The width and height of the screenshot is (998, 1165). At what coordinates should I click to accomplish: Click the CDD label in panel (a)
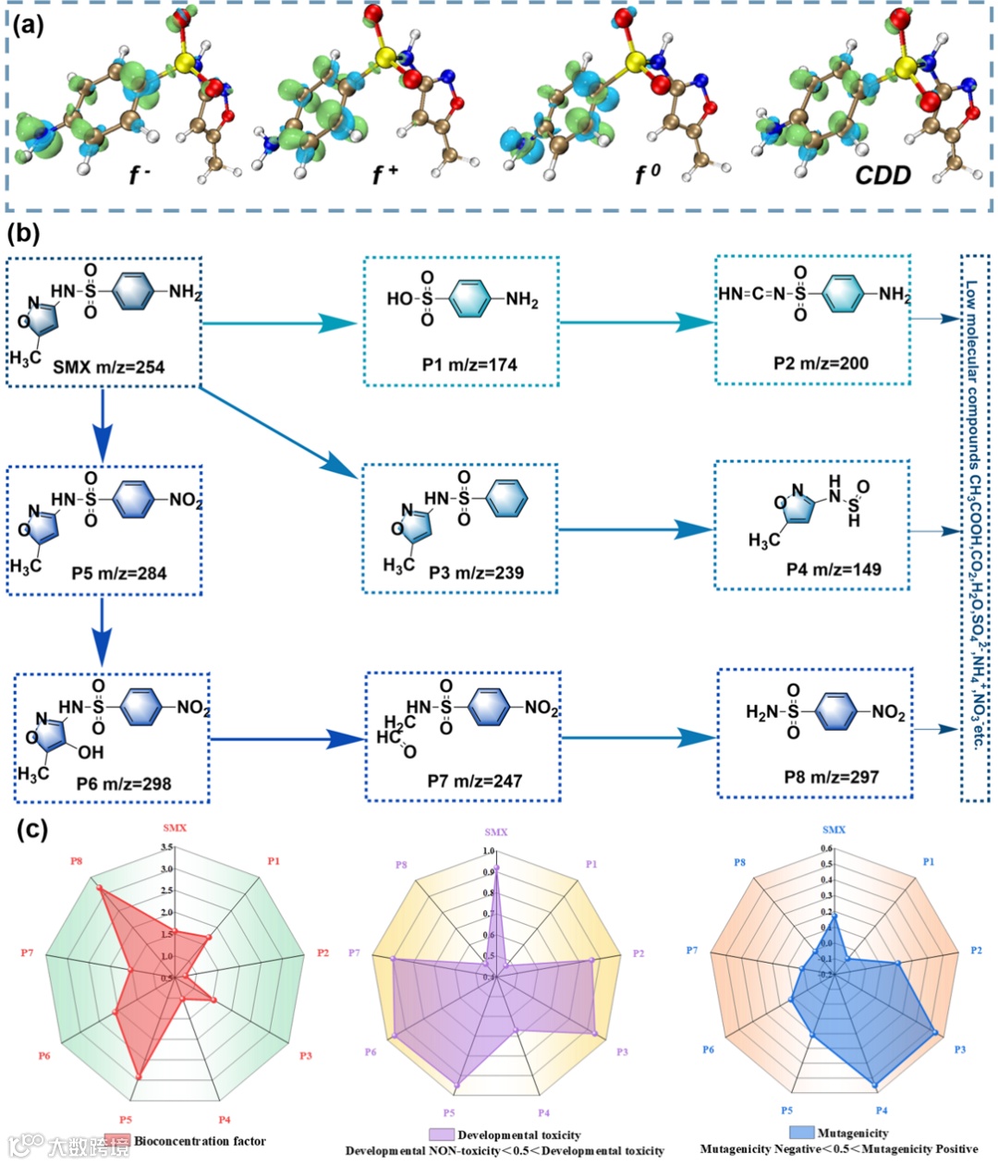(882, 176)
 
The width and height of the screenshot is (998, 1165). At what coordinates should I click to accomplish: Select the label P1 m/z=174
(469, 365)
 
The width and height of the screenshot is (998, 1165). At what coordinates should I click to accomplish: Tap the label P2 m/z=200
(821, 363)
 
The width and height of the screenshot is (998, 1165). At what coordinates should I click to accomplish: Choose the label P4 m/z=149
(821, 569)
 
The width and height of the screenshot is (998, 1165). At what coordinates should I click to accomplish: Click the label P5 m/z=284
(119, 574)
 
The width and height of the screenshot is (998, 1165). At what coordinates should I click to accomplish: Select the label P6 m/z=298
(123, 784)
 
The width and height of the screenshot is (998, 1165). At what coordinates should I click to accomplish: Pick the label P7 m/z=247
(474, 782)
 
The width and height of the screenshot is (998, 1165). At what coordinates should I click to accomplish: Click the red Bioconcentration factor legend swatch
(117, 1141)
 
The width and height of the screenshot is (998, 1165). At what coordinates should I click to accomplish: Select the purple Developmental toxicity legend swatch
(442, 1135)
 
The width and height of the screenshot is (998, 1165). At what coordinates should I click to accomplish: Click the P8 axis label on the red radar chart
(77, 861)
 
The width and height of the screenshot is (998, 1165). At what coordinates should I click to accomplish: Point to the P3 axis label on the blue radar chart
(960, 1050)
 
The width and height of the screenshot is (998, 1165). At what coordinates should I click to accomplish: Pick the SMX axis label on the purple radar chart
(496, 832)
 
